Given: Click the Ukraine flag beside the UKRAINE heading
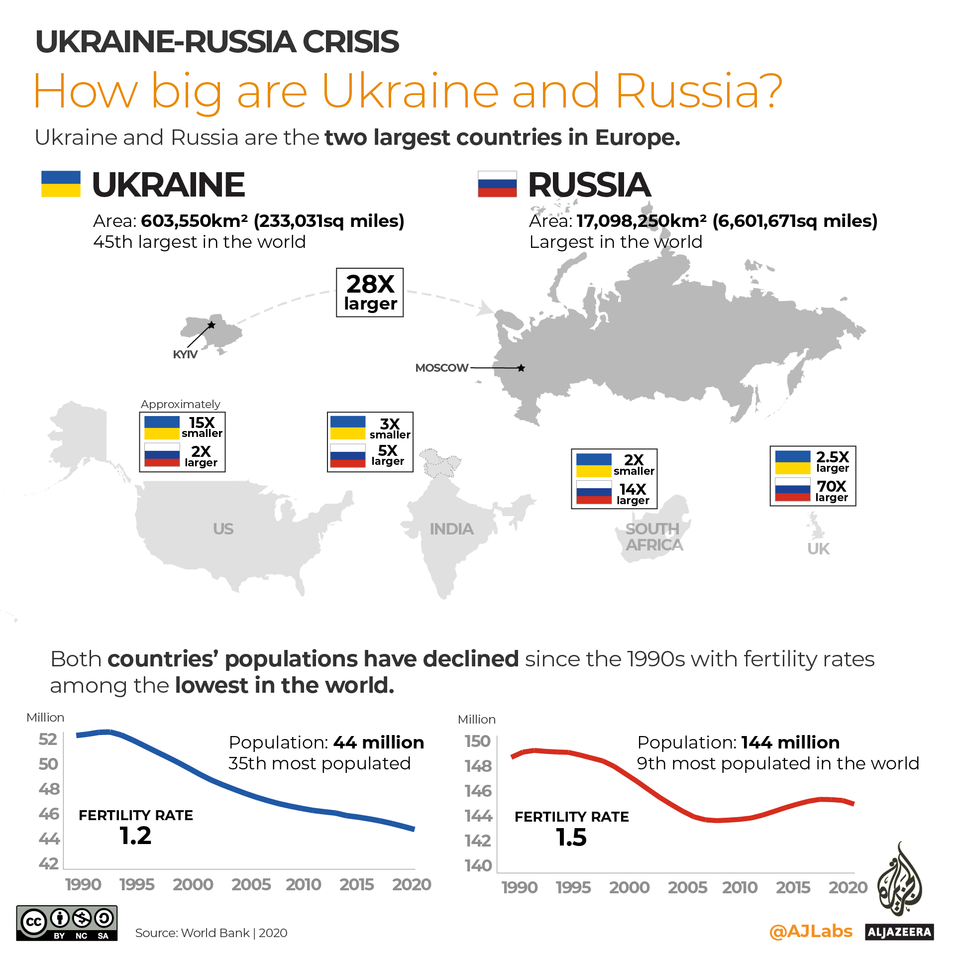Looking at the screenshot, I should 61,184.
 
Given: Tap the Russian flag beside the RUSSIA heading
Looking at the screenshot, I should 497,184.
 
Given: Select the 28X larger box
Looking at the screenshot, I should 370,293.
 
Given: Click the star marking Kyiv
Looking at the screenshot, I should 212,325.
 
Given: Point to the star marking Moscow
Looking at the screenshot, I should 521,368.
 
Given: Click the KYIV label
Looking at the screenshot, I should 185,354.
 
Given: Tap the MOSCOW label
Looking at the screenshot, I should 441,368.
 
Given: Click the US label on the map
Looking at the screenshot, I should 223,529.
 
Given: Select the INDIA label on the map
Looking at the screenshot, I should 451,529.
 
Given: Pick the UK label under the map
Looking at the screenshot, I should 818,549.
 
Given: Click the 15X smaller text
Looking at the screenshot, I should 202,427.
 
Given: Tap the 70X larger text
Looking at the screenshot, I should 832,491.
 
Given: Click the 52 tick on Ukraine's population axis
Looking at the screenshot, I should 48,739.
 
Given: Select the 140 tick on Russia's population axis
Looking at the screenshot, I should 478,865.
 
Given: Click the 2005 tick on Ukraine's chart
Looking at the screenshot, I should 251,884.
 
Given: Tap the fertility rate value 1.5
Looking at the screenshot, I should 571,837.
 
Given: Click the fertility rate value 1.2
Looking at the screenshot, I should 135,836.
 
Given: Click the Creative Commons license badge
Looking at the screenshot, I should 67,923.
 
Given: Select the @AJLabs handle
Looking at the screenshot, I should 811,931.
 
